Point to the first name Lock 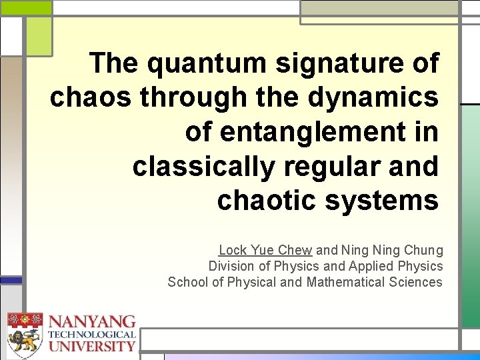233,251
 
